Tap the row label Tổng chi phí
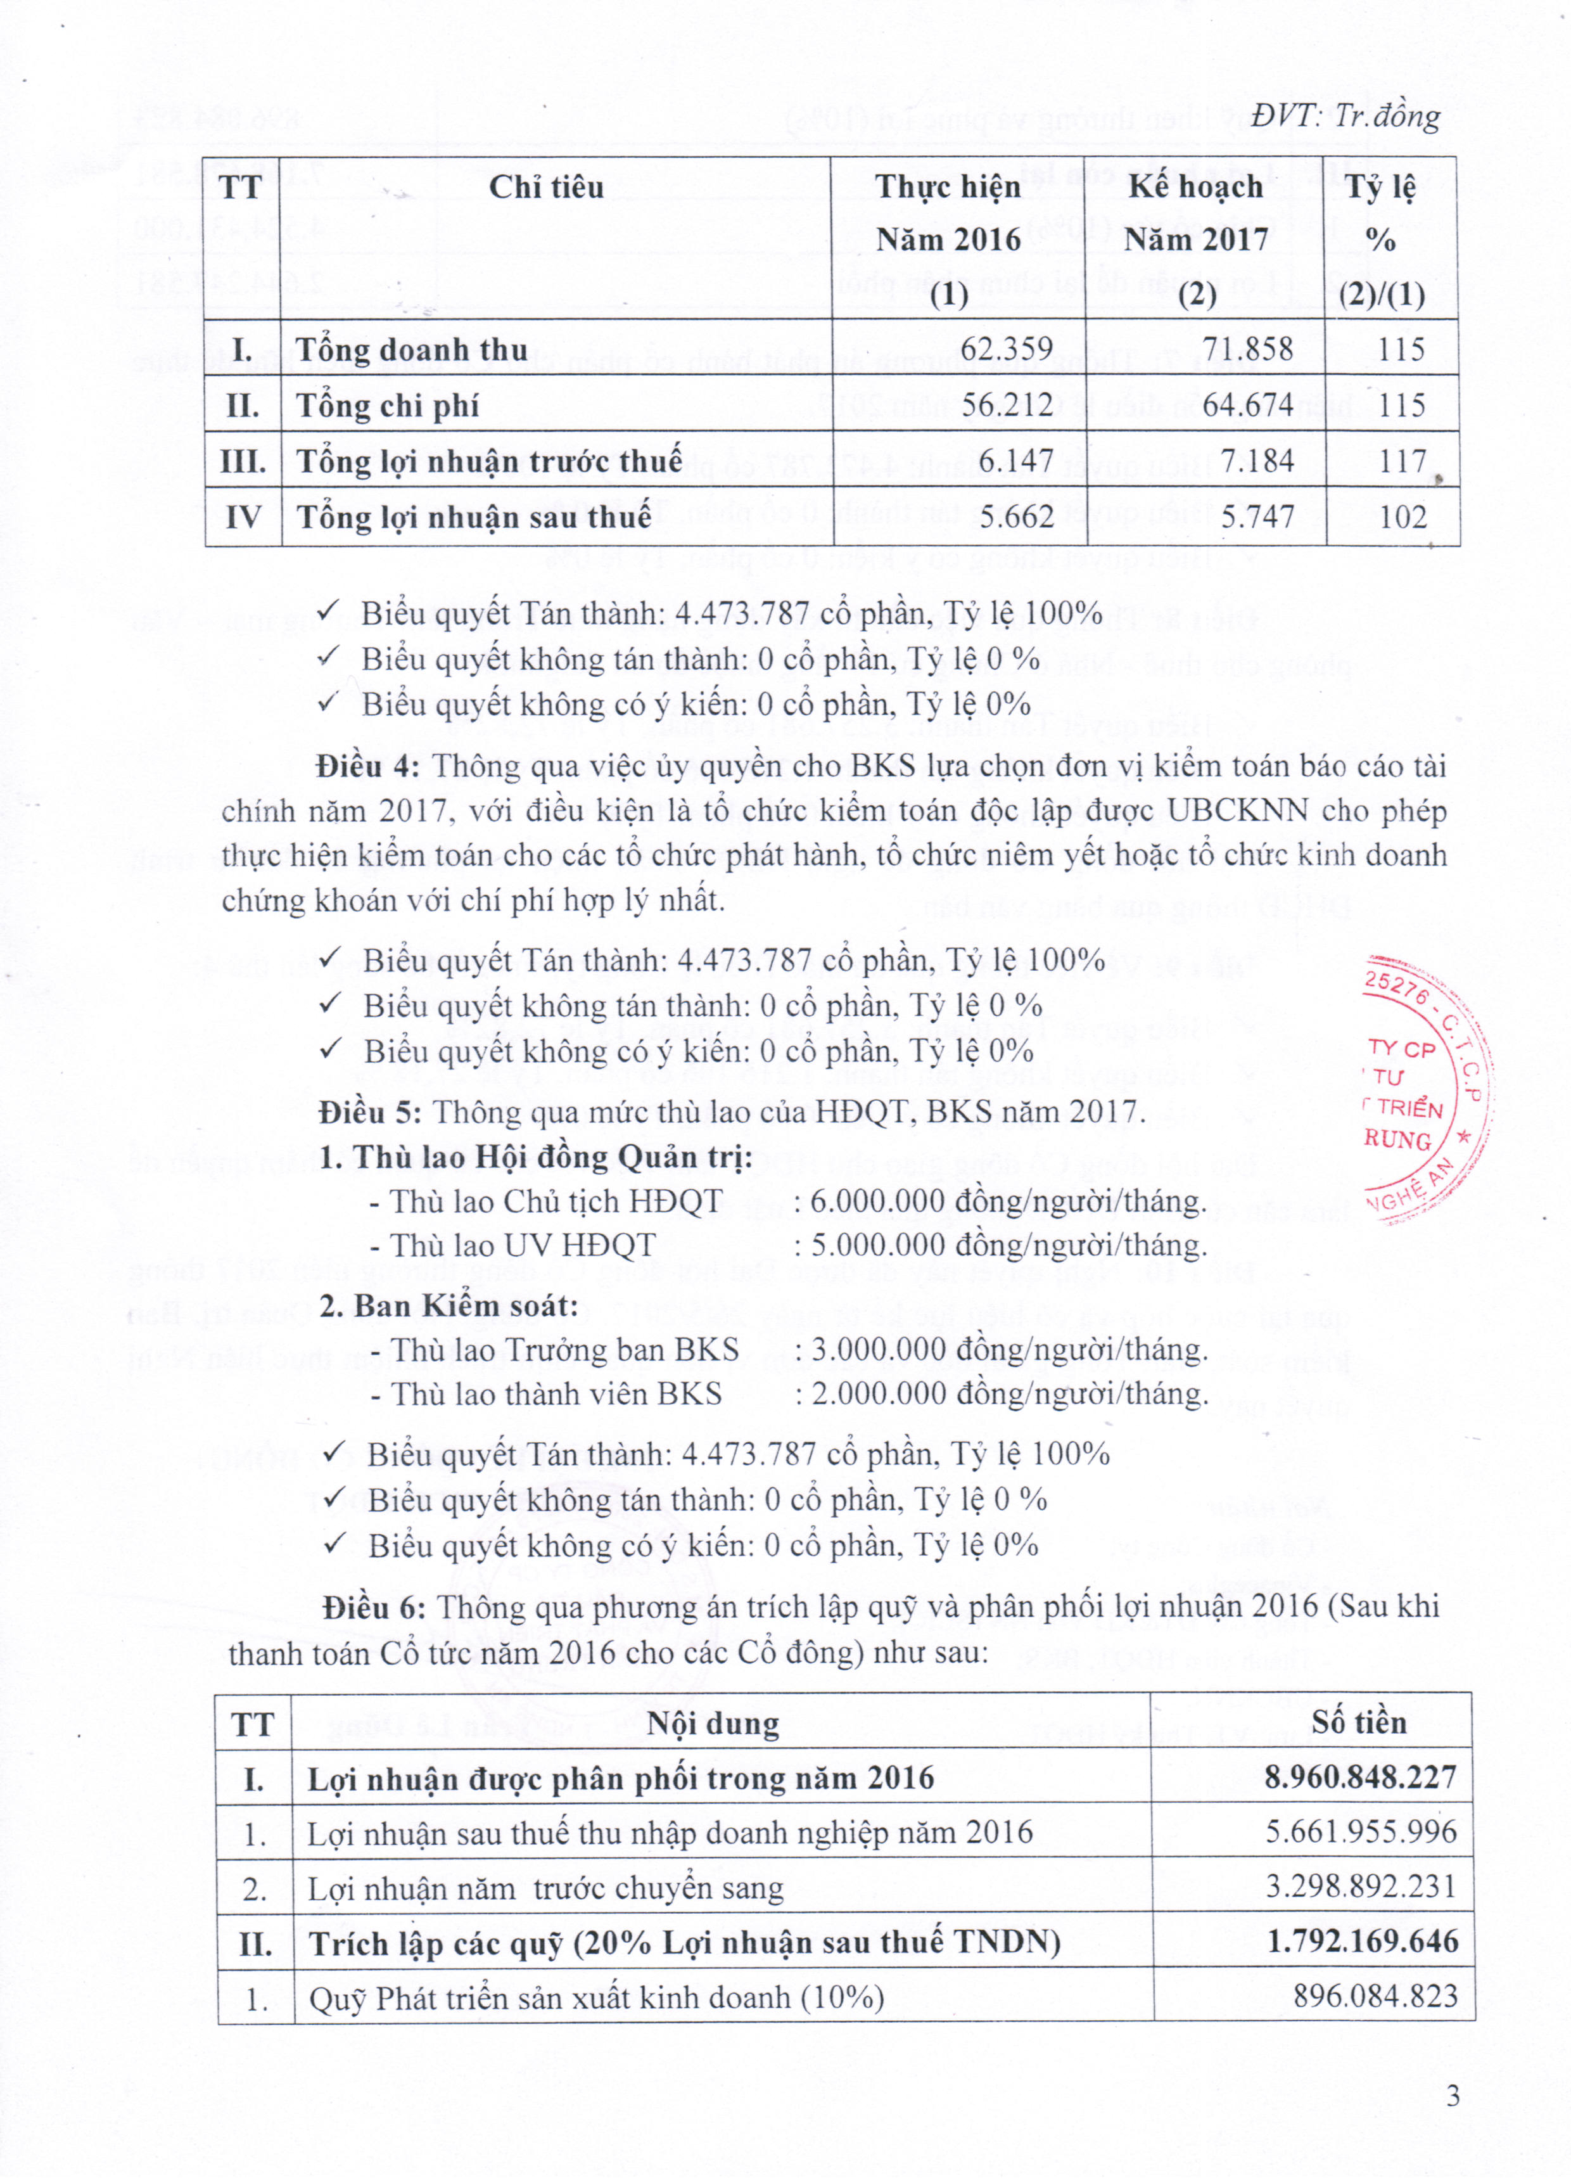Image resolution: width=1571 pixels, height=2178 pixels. [x=387, y=406]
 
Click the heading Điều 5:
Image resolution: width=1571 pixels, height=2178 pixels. [x=371, y=1112]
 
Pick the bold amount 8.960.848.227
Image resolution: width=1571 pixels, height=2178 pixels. [x=1360, y=1778]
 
